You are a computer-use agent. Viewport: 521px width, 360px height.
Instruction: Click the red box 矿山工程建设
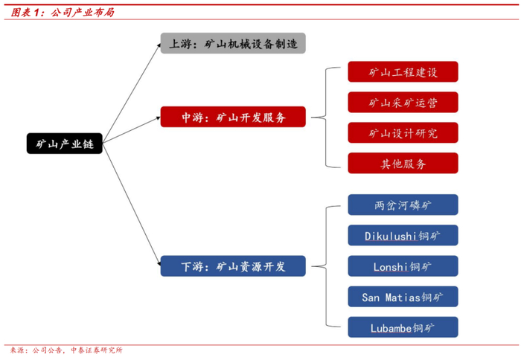point(403,71)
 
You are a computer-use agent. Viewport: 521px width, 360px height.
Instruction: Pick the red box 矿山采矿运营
point(403,103)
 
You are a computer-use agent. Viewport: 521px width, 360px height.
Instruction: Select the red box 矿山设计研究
point(403,133)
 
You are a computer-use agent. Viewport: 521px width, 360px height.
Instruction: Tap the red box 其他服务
point(403,164)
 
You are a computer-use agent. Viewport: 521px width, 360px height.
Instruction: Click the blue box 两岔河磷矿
point(403,205)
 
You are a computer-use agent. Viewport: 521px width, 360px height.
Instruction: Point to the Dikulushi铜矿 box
point(403,236)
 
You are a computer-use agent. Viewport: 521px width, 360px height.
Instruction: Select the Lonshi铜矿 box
point(403,266)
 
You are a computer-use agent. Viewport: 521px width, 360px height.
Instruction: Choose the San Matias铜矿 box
point(403,297)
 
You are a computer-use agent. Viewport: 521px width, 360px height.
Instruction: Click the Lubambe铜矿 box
point(403,327)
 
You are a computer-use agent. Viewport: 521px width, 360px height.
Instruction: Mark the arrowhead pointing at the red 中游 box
point(156,117)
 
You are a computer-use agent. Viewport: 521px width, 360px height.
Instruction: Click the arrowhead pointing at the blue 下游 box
point(156,263)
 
